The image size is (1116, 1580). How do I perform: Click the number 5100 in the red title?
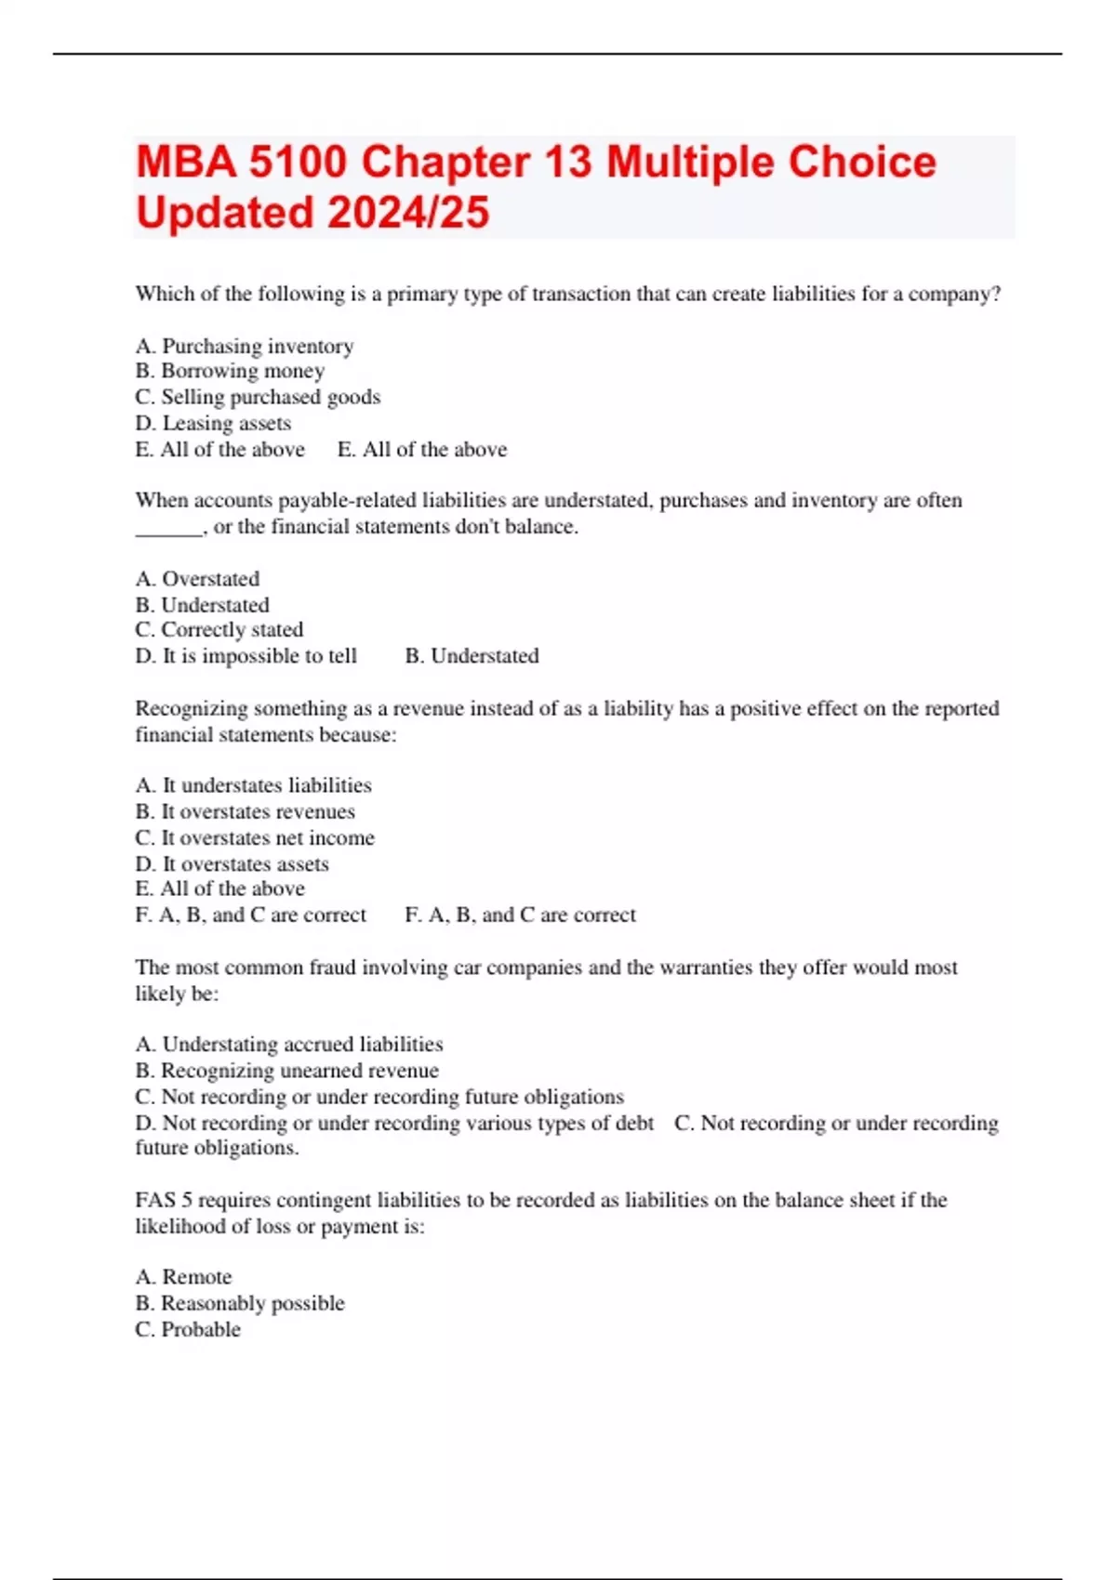point(298,163)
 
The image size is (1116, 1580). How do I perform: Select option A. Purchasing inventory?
point(245,347)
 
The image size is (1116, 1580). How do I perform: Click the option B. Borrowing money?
point(230,371)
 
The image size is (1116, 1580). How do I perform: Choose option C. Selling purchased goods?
point(258,397)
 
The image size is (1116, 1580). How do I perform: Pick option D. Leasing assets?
point(213,424)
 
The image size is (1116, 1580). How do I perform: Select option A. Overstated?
point(197,579)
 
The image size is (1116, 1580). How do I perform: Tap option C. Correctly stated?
point(219,630)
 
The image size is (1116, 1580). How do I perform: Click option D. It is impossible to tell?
point(246,656)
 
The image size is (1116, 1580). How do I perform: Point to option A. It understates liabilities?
point(253,785)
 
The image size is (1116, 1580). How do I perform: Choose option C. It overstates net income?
point(255,837)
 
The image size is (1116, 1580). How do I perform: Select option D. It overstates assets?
point(232,864)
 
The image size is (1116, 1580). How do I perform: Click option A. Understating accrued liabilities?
point(288,1045)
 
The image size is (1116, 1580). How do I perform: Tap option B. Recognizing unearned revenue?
point(286,1071)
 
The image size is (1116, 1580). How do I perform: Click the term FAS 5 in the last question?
point(164,1200)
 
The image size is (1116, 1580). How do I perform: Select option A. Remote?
point(183,1277)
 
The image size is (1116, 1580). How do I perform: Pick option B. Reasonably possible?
point(239,1303)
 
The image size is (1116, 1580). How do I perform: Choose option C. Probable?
point(188,1330)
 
